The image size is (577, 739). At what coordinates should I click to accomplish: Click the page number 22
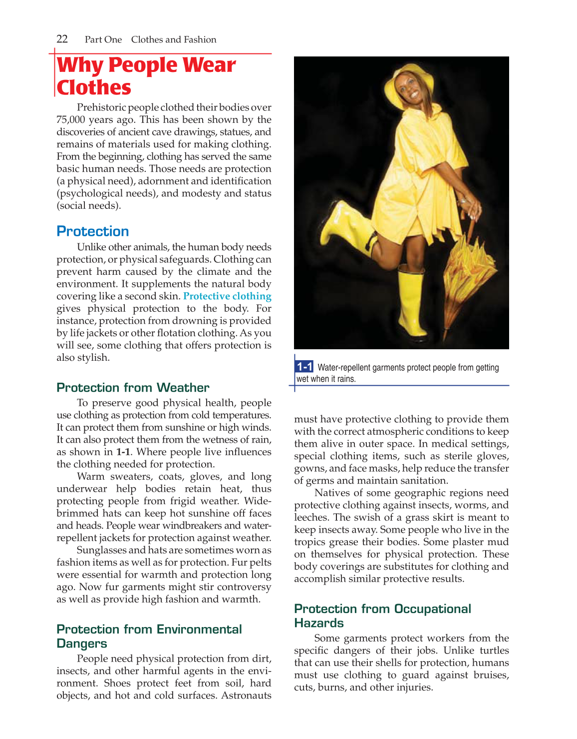(62, 39)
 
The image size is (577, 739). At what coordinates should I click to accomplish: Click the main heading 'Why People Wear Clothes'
(146, 76)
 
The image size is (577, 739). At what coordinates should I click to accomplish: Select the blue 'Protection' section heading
(93, 231)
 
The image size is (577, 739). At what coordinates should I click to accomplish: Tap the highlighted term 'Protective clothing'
(227, 296)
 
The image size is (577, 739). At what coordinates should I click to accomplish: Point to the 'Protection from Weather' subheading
(133, 388)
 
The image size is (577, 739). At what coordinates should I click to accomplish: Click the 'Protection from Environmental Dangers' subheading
(149, 636)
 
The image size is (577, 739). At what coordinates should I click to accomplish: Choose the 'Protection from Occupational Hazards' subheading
(382, 616)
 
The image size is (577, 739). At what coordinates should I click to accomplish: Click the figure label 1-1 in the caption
(304, 367)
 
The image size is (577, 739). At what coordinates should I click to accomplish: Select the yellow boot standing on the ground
(412, 305)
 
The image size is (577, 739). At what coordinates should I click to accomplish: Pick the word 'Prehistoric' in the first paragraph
(101, 107)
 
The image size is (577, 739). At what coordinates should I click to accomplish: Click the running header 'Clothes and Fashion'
(174, 39)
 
